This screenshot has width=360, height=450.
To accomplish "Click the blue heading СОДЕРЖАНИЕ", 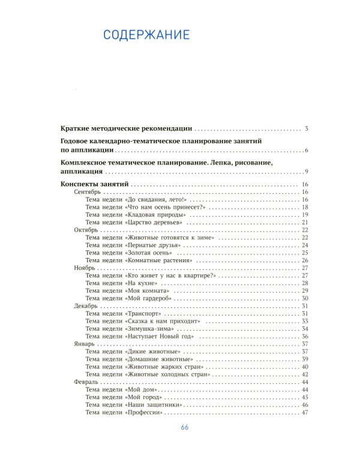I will pyautogui.click(x=146, y=34).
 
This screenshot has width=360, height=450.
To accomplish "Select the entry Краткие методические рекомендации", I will pyautogui.click(x=127, y=128).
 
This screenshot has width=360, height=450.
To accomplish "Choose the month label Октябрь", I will pyautogui.click(x=86, y=230).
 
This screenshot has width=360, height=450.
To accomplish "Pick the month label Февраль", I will pyautogui.click(x=86, y=382).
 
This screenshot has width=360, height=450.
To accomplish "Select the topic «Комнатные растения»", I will pyautogui.click(x=139, y=260).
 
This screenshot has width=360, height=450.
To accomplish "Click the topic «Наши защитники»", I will pyautogui.click(x=133, y=405).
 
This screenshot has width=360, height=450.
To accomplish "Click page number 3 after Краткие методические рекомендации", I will pyautogui.click(x=306, y=128).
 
